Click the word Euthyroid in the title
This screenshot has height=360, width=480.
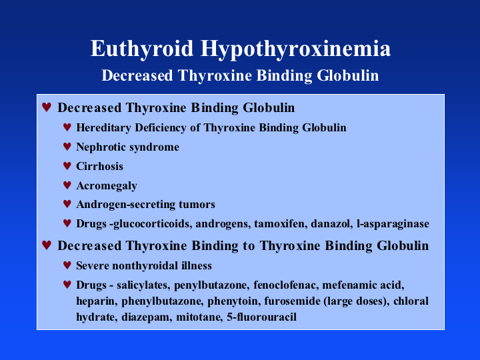[x=142, y=49]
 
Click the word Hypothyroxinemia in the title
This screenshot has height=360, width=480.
[x=296, y=49]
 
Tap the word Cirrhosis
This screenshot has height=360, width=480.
[x=99, y=166]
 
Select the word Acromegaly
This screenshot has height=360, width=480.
[x=107, y=186]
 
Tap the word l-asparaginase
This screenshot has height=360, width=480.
[x=393, y=224]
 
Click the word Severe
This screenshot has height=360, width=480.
[x=93, y=265]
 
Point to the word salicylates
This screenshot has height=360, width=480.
[x=142, y=285]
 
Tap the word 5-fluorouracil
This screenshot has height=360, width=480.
[x=261, y=317]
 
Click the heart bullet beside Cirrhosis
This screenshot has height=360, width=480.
[x=67, y=165]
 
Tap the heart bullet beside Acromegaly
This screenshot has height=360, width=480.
[x=67, y=185]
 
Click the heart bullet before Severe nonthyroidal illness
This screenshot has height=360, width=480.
[x=67, y=265]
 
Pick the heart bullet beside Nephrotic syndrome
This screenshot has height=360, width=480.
[x=67, y=146]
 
